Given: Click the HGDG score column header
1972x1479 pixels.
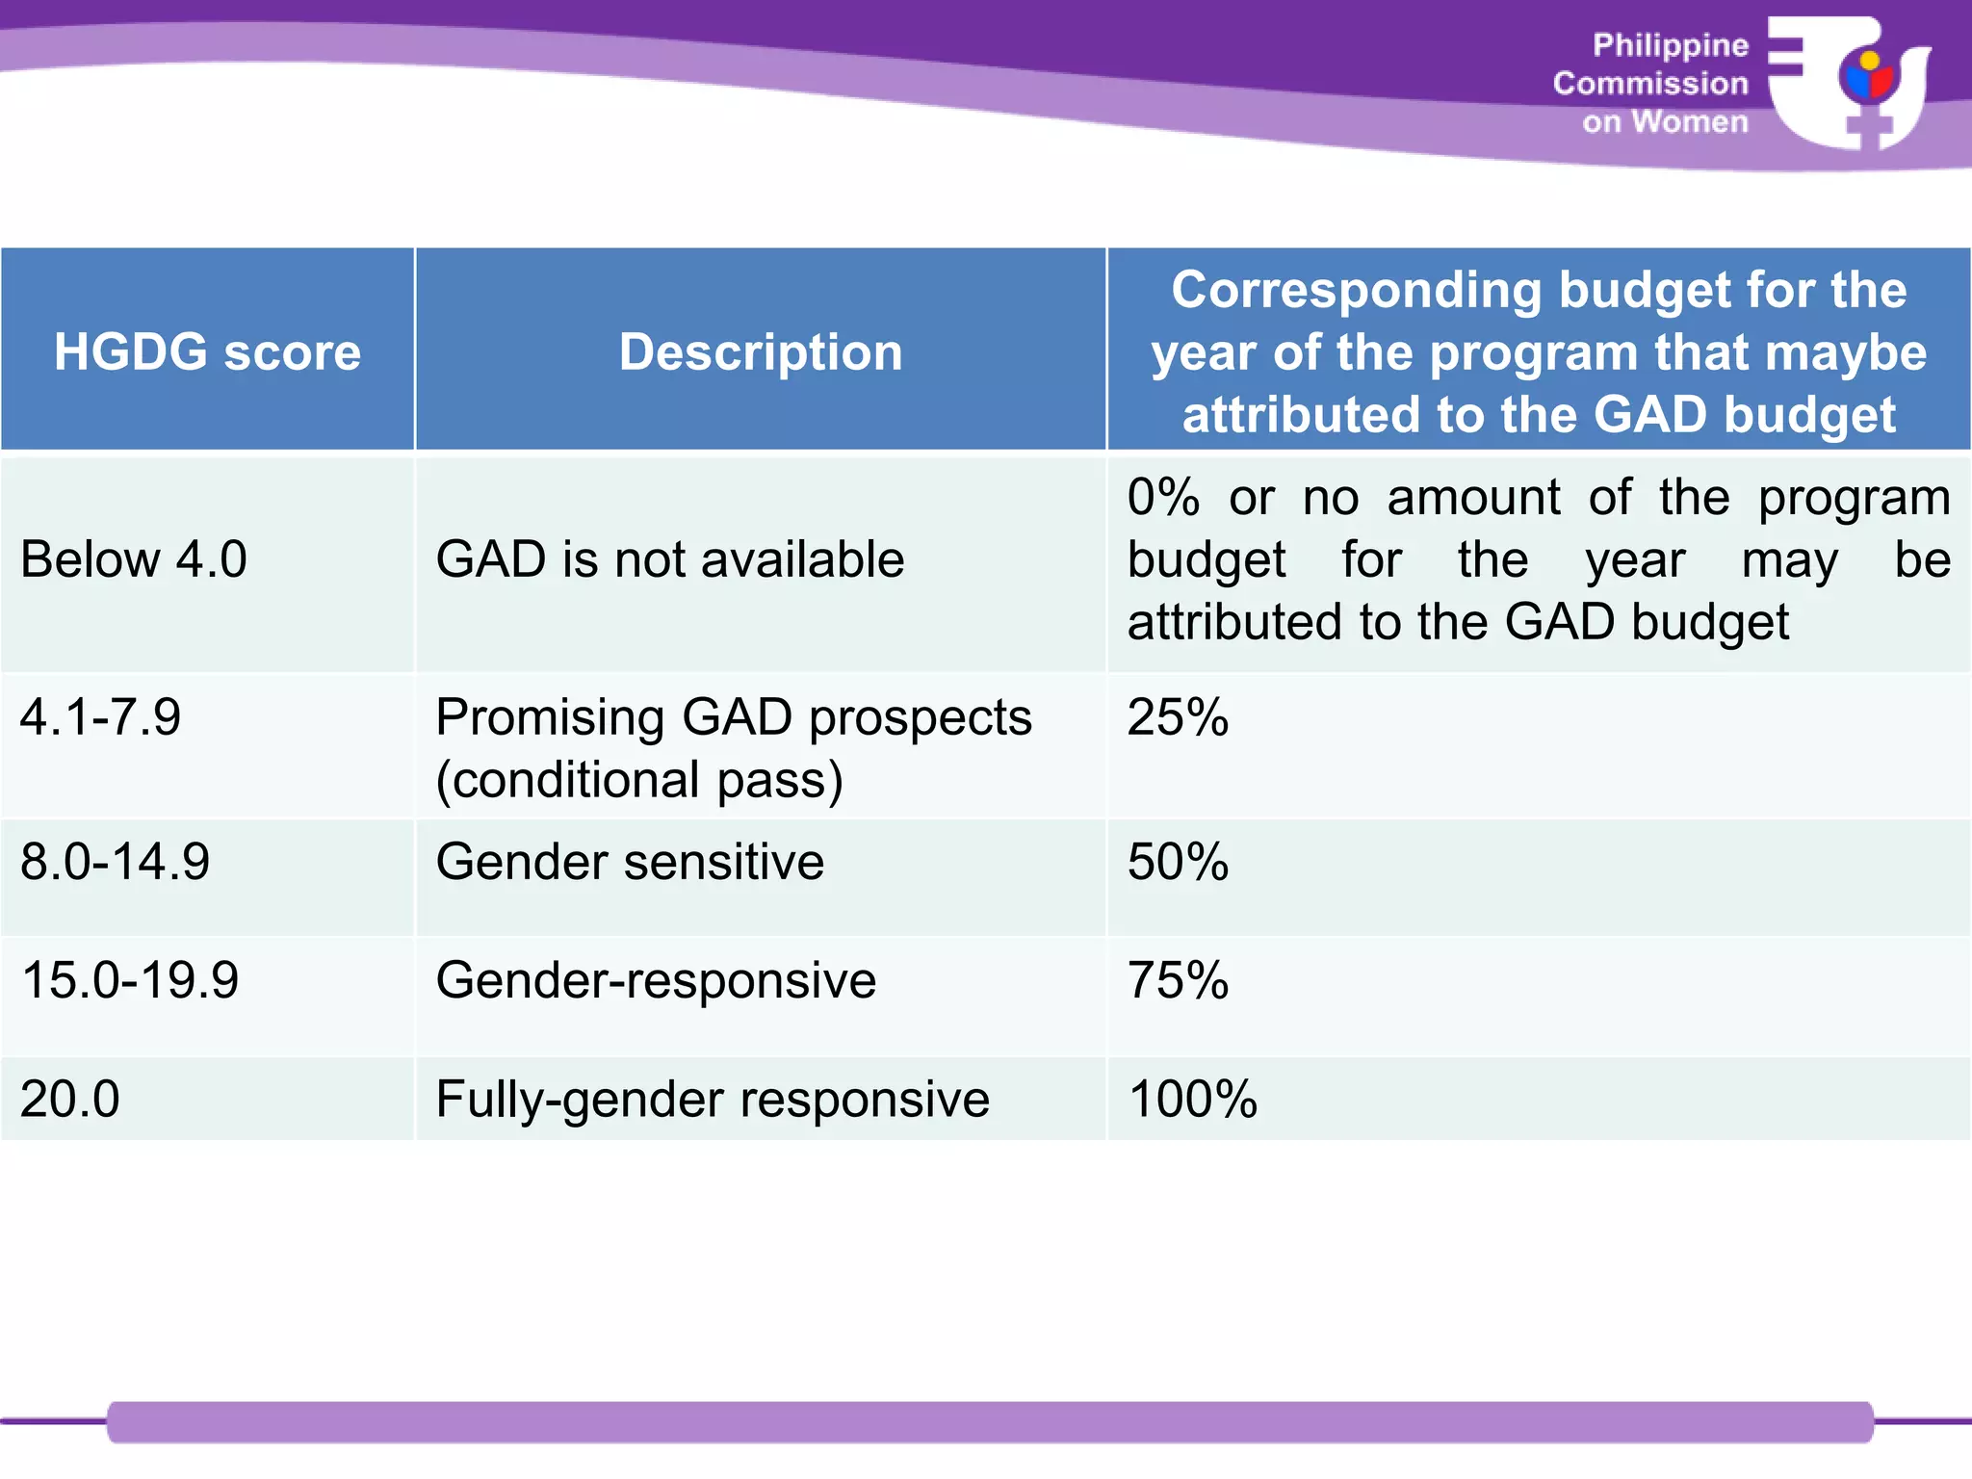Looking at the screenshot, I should [x=207, y=351].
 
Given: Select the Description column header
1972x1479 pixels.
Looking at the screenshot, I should [x=761, y=351].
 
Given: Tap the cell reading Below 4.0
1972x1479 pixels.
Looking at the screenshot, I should [x=134, y=559].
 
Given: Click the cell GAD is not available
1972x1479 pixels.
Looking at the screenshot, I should [x=670, y=559].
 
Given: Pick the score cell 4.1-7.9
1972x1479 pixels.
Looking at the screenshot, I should [x=100, y=717].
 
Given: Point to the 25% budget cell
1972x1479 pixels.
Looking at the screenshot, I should [x=1178, y=717].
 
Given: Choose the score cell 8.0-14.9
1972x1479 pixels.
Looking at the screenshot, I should [x=115, y=862].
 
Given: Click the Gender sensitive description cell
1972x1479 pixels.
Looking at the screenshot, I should [x=630, y=862].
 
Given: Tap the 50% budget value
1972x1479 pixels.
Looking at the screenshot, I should [x=1178, y=862].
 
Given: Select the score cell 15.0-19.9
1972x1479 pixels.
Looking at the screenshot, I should [x=129, y=980].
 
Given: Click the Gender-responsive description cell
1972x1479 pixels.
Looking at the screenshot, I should [x=656, y=980].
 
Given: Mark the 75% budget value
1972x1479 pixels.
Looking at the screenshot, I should [x=1178, y=980].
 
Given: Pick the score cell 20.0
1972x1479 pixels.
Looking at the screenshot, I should [x=69, y=1099].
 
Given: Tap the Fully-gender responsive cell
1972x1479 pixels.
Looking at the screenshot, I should [x=713, y=1099].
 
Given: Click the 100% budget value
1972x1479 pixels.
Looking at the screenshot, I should [x=1192, y=1099].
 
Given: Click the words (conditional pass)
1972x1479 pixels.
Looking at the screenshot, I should [x=639, y=780].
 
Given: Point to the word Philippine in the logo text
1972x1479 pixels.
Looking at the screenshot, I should [x=1671, y=45].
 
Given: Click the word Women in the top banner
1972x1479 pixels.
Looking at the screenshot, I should [x=1690, y=122].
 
